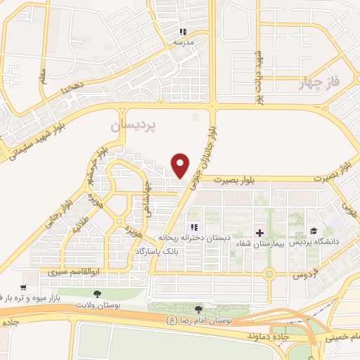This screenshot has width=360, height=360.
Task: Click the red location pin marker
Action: pos(181,165)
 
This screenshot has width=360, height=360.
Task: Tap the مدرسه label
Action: pos(184,42)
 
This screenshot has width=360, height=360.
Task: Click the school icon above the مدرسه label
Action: pos(184,32)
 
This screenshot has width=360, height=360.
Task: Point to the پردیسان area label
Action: pos(135,124)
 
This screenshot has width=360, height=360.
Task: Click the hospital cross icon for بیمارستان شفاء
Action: pos(259,233)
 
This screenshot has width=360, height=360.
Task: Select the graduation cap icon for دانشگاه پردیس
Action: pos(313,231)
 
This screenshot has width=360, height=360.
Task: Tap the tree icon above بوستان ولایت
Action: pos(98,293)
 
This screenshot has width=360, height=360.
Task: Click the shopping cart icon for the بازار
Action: pos(23,287)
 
